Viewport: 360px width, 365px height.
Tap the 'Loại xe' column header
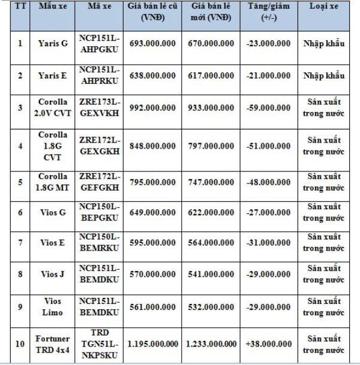pos(324,7)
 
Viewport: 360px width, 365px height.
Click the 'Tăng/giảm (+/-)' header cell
pos(269,12)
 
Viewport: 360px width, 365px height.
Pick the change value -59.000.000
pos(269,108)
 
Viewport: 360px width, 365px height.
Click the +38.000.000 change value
pos(269,344)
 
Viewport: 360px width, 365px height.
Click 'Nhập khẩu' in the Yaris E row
pos(324,77)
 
